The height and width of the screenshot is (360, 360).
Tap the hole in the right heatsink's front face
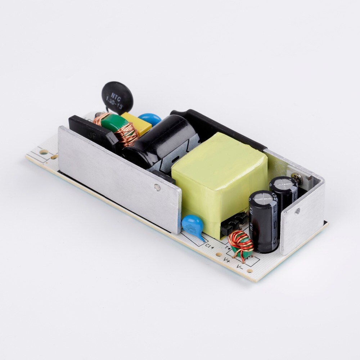pos(297,211)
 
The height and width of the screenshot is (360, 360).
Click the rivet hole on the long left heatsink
pos(157,187)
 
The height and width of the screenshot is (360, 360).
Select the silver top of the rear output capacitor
pos(283,183)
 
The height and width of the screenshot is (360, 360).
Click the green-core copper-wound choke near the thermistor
pos(117,128)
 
